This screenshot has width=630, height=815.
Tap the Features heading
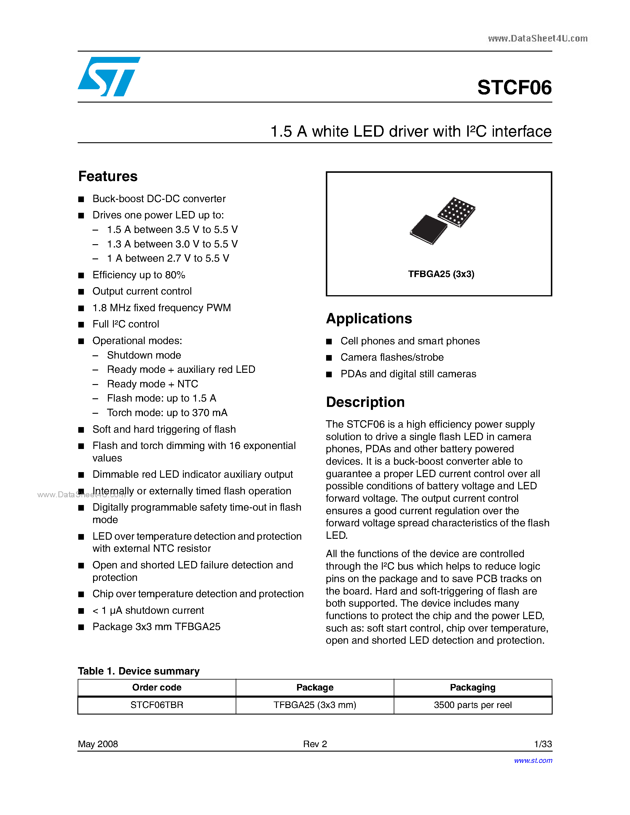[x=108, y=176]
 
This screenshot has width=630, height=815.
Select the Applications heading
[x=369, y=319]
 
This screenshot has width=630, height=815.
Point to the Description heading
[x=365, y=402]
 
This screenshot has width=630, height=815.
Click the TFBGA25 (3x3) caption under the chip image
[x=441, y=274]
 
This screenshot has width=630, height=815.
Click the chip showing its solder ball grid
[x=456, y=212]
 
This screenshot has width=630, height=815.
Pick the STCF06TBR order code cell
[x=157, y=705]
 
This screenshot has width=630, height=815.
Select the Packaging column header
[x=473, y=687]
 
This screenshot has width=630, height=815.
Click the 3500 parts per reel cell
[x=473, y=705]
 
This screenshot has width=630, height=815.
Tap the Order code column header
[x=157, y=687]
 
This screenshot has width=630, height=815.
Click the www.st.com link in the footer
[x=533, y=760]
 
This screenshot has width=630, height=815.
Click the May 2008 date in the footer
[x=98, y=744]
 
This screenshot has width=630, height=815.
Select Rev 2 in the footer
[x=315, y=744]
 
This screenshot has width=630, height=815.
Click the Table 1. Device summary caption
[x=138, y=671]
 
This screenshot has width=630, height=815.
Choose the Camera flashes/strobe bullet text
[x=392, y=357]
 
